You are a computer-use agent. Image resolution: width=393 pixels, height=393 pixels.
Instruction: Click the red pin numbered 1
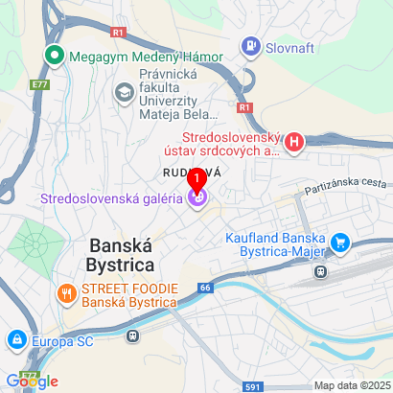pos(197,178)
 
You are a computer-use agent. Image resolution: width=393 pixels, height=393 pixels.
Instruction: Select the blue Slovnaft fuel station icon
pos(251,44)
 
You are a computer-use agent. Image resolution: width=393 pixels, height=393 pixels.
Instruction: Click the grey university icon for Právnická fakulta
pos(124,92)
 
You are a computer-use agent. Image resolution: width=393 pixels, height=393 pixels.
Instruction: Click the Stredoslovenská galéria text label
pos(111,199)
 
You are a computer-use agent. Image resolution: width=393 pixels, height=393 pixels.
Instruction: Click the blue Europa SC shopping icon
pos(16,340)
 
